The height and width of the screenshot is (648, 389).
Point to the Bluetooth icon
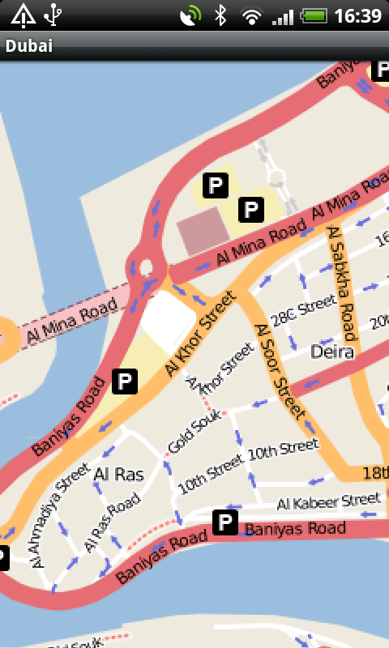pyautogui.click(x=220, y=15)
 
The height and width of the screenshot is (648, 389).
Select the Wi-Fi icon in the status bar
pyautogui.click(x=253, y=15)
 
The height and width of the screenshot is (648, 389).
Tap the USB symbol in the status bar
pyautogui.click(x=53, y=15)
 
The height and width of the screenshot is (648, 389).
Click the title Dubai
pyautogui.click(x=29, y=46)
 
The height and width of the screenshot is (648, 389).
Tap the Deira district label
pyautogui.click(x=332, y=352)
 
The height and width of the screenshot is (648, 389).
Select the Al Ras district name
pyautogui.click(x=118, y=474)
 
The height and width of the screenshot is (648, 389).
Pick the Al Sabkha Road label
pyautogui.click(x=342, y=283)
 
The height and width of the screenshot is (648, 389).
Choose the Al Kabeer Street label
pyautogui.click(x=328, y=501)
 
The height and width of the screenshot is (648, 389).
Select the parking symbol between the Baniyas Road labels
pyautogui.click(x=224, y=523)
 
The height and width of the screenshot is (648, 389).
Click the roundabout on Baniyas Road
pyautogui.click(x=146, y=267)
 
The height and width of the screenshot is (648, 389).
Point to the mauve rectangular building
pyautogui.click(x=199, y=228)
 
